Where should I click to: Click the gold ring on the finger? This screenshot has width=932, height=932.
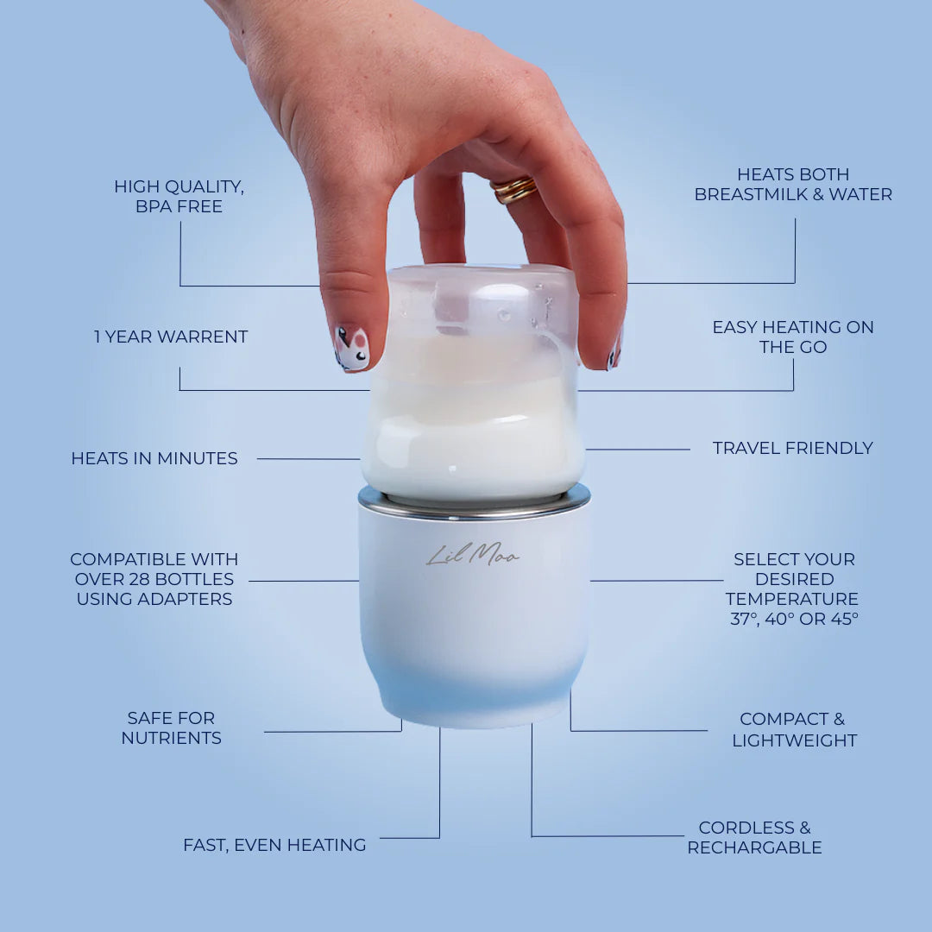pyautogui.click(x=514, y=189)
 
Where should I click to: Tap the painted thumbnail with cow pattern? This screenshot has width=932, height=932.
pyautogui.click(x=351, y=348)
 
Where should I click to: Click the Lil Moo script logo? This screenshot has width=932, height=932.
pyautogui.click(x=473, y=557)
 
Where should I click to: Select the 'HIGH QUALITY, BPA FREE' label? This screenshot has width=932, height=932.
pyautogui.click(x=179, y=196)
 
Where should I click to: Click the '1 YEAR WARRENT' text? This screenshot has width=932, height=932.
pyautogui.click(x=171, y=337)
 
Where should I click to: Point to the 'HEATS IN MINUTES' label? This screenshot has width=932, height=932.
pyautogui.click(x=154, y=458)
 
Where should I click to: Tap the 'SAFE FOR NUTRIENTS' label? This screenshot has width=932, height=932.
pyautogui.click(x=171, y=727)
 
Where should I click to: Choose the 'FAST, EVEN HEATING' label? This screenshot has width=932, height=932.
pyautogui.click(x=274, y=845)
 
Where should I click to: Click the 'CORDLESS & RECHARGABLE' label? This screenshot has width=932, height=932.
pyautogui.click(x=754, y=837)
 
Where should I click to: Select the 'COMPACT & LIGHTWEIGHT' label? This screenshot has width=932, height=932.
pyautogui.click(x=794, y=729)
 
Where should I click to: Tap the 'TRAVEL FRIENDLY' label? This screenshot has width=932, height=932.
pyautogui.click(x=792, y=448)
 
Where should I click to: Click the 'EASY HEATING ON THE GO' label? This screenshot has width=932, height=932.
pyautogui.click(x=792, y=337)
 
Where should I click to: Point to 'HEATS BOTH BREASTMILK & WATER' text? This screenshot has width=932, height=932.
pyautogui.click(x=793, y=185)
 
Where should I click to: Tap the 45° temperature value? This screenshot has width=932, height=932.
pyautogui.click(x=842, y=619)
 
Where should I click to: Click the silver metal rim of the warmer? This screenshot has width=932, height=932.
pyautogui.click(x=475, y=503)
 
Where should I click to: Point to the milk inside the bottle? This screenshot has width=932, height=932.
pyautogui.click(x=473, y=431)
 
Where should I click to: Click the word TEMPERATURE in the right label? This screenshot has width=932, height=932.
pyautogui.click(x=791, y=599)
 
